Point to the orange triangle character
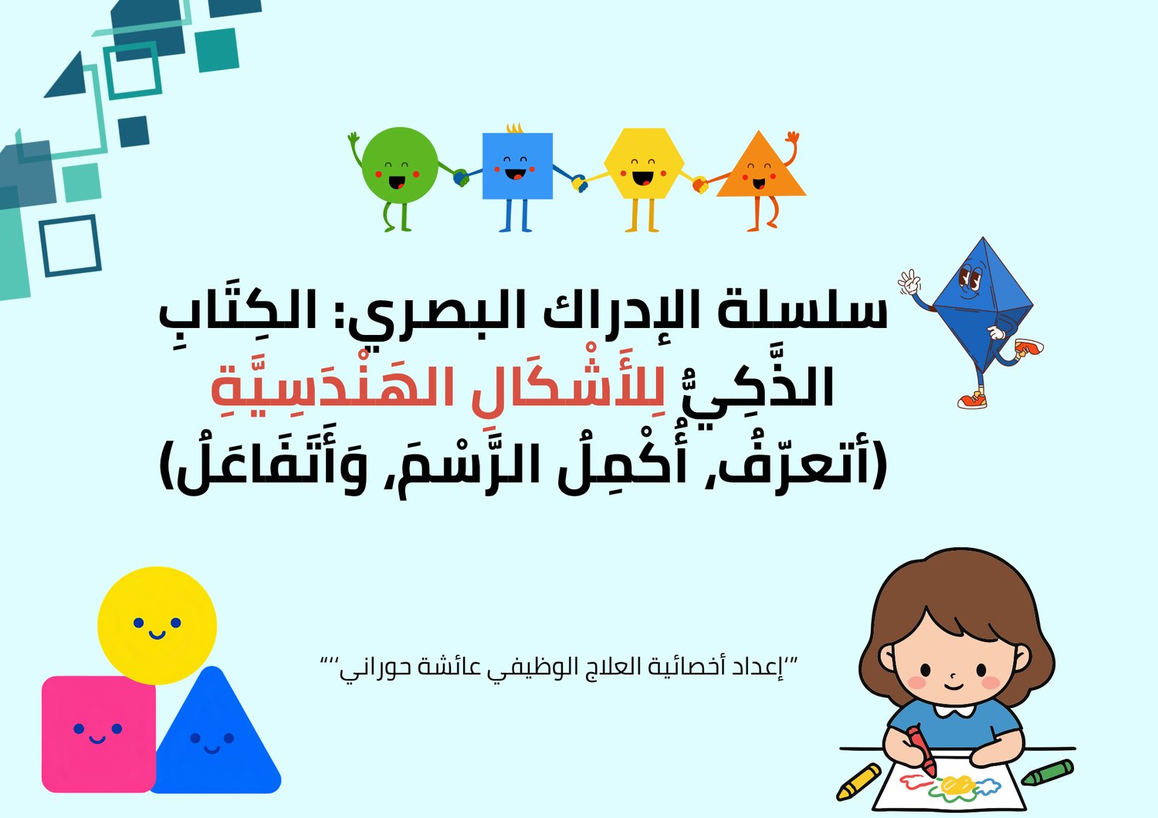[x=760, y=171]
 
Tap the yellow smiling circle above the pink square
[x=157, y=625]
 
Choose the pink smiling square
[x=98, y=734]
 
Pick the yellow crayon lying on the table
[x=858, y=781]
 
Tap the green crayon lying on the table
[x=1048, y=772]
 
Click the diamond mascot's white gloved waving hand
[x=909, y=282]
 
